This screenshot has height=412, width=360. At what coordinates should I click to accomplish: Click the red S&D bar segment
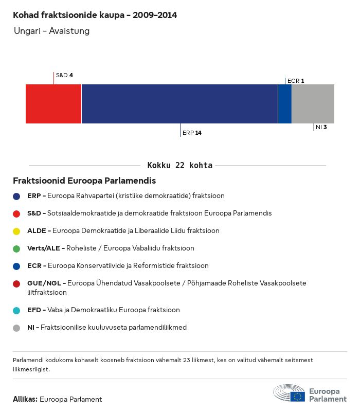53,104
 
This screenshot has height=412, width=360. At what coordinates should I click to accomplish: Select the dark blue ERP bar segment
179,104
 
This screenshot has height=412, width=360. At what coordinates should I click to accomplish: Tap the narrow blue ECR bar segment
285,104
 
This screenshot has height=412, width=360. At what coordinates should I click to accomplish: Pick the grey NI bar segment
313,104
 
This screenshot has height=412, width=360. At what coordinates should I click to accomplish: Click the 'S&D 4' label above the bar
64,75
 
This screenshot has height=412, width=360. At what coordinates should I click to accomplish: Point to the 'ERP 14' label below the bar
192,133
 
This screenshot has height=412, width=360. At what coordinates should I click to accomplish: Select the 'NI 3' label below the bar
321,127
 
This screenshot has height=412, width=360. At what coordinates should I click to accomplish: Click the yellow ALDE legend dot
17,231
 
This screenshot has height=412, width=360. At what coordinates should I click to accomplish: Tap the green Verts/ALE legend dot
17,248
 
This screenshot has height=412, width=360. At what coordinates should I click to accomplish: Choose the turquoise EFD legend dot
17,310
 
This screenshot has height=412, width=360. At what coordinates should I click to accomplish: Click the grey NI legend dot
17,328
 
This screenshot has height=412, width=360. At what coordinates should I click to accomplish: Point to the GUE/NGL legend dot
17,283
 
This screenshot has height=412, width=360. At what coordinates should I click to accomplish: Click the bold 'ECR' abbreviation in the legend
34,266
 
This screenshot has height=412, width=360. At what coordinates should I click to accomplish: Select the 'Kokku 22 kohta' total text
179,166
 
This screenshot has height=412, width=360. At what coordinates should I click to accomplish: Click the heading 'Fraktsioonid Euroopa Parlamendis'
84,181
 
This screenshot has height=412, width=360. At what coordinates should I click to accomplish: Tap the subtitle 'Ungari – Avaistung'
51,31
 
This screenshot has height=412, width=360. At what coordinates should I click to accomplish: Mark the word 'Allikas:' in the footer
25,399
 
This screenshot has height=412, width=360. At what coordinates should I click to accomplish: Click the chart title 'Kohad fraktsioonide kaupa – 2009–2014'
95,15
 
